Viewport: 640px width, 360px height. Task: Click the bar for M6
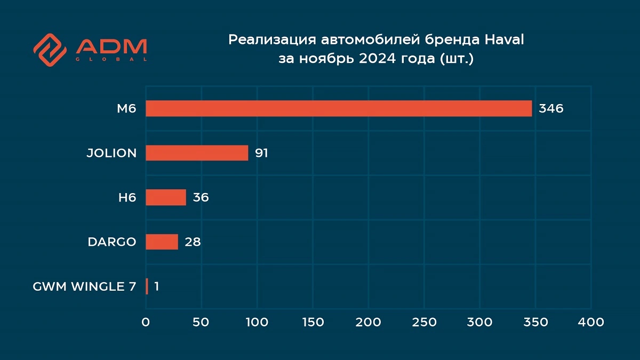pos(339,108)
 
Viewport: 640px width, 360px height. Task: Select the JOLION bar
pos(197,153)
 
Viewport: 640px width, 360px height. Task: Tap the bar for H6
pos(166,197)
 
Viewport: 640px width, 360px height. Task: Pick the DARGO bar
pos(162,242)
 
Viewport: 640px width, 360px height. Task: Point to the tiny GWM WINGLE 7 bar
pos(147,286)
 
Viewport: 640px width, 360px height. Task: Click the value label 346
pos(551,108)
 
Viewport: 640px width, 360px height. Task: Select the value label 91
pos(261,153)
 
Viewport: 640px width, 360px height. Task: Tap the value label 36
pos(201,197)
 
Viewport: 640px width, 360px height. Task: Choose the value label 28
pos(193,242)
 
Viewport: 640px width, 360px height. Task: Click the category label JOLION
pos(111,153)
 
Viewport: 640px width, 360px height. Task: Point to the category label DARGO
pos(112,242)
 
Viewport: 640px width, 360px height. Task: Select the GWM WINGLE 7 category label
pos(84,286)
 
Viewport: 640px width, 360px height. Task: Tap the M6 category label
pos(127,108)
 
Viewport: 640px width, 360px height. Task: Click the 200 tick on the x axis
pos(368,322)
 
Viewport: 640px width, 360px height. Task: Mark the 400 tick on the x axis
pos(591,322)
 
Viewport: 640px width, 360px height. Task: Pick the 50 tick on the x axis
pos(201,322)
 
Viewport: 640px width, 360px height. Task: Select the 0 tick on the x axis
pos(146,322)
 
